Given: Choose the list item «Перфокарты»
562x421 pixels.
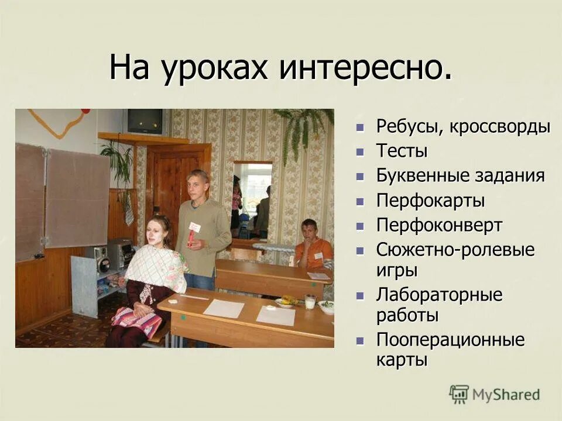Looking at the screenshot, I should tap(430, 201).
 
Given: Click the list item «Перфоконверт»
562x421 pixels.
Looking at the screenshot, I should tap(439, 226).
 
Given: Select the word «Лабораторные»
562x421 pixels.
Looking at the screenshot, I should tap(439, 295).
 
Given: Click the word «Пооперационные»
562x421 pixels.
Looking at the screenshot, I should tap(450, 340).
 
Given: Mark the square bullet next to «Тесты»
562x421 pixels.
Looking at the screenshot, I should tap(361, 152).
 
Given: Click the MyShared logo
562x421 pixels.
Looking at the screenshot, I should tap(494, 394).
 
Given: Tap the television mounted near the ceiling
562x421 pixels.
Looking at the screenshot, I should tap(145, 122).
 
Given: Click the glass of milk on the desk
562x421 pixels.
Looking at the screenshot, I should tap(310, 302).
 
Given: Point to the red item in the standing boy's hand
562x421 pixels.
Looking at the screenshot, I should tap(191, 237).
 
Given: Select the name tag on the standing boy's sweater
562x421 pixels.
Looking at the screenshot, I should tap(194, 226).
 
